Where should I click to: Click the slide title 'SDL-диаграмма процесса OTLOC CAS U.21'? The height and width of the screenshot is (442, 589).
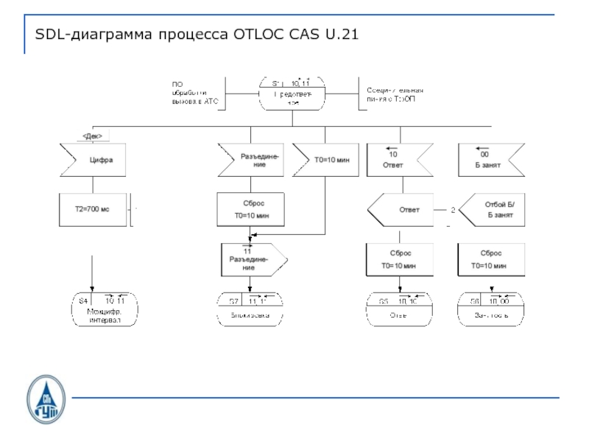pyautogui.click(x=197, y=35)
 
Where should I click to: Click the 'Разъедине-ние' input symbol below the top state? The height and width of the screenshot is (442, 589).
pyautogui.click(x=250, y=160)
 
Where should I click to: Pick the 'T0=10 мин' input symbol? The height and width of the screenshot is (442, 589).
pyautogui.click(x=324, y=160)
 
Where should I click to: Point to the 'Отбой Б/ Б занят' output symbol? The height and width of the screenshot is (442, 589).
pyautogui.click(x=492, y=210)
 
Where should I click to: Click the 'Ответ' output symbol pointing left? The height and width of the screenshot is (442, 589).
pyautogui.click(x=401, y=210)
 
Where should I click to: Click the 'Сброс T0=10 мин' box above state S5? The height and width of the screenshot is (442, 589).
pyautogui.click(x=398, y=259)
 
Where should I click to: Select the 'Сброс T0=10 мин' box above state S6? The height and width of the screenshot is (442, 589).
pyautogui.click(x=490, y=259)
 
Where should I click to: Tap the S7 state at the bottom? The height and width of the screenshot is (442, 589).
pyautogui.click(x=250, y=309)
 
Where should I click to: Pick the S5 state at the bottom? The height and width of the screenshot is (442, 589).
pyautogui.click(x=398, y=309)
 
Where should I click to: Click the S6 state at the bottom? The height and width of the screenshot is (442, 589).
pyautogui.click(x=490, y=309)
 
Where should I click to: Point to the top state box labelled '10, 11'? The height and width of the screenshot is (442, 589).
pyautogui.click(x=292, y=93)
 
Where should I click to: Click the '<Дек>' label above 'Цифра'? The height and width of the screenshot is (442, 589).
pyautogui.click(x=93, y=135)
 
